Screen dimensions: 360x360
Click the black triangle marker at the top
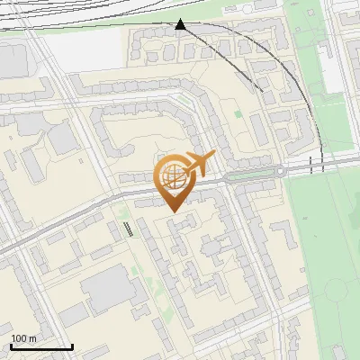(x=181, y=24)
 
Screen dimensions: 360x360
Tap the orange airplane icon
(x=199, y=164)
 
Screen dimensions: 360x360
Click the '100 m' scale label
(x=24, y=338)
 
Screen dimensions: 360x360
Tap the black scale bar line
(x=41, y=346)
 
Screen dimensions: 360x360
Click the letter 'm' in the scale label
(x=34, y=338)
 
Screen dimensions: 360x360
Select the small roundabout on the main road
(x=281, y=171)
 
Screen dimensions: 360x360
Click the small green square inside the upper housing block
(x=238, y=113)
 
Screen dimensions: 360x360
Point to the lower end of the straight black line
(x=262, y=90)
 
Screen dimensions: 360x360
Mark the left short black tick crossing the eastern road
(x=310, y=165)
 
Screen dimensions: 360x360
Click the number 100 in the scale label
(x=19, y=338)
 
